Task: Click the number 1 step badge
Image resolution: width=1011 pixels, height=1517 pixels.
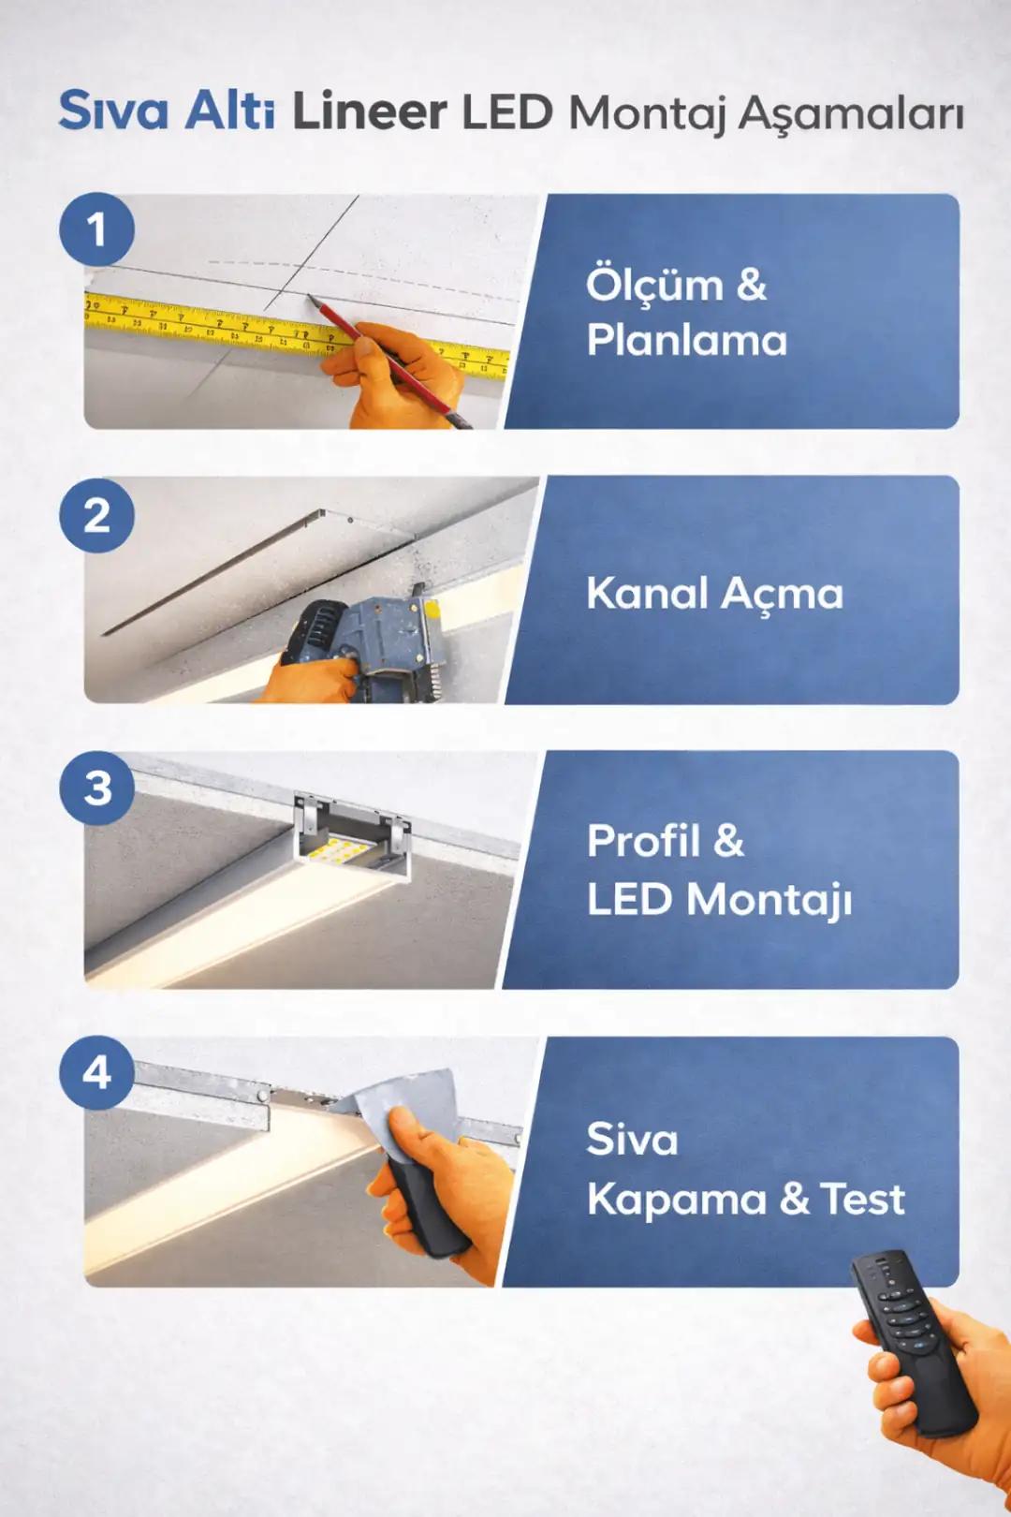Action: [96, 229]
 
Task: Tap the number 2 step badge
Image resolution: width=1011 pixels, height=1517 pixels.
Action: [96, 516]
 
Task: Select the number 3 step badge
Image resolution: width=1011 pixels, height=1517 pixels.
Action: [97, 788]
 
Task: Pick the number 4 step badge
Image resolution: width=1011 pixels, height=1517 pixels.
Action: [97, 1072]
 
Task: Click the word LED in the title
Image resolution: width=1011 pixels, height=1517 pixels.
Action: [507, 112]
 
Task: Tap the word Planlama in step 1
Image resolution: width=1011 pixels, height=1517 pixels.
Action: [686, 340]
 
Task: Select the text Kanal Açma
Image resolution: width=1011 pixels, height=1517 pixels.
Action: [714, 594]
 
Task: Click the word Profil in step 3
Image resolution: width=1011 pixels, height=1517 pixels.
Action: [643, 840]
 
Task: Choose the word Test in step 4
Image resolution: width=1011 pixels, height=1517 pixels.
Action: [862, 1200]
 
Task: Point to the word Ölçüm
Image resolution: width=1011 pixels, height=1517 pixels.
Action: [654, 285]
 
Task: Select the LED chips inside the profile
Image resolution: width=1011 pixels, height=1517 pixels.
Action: [336, 852]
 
